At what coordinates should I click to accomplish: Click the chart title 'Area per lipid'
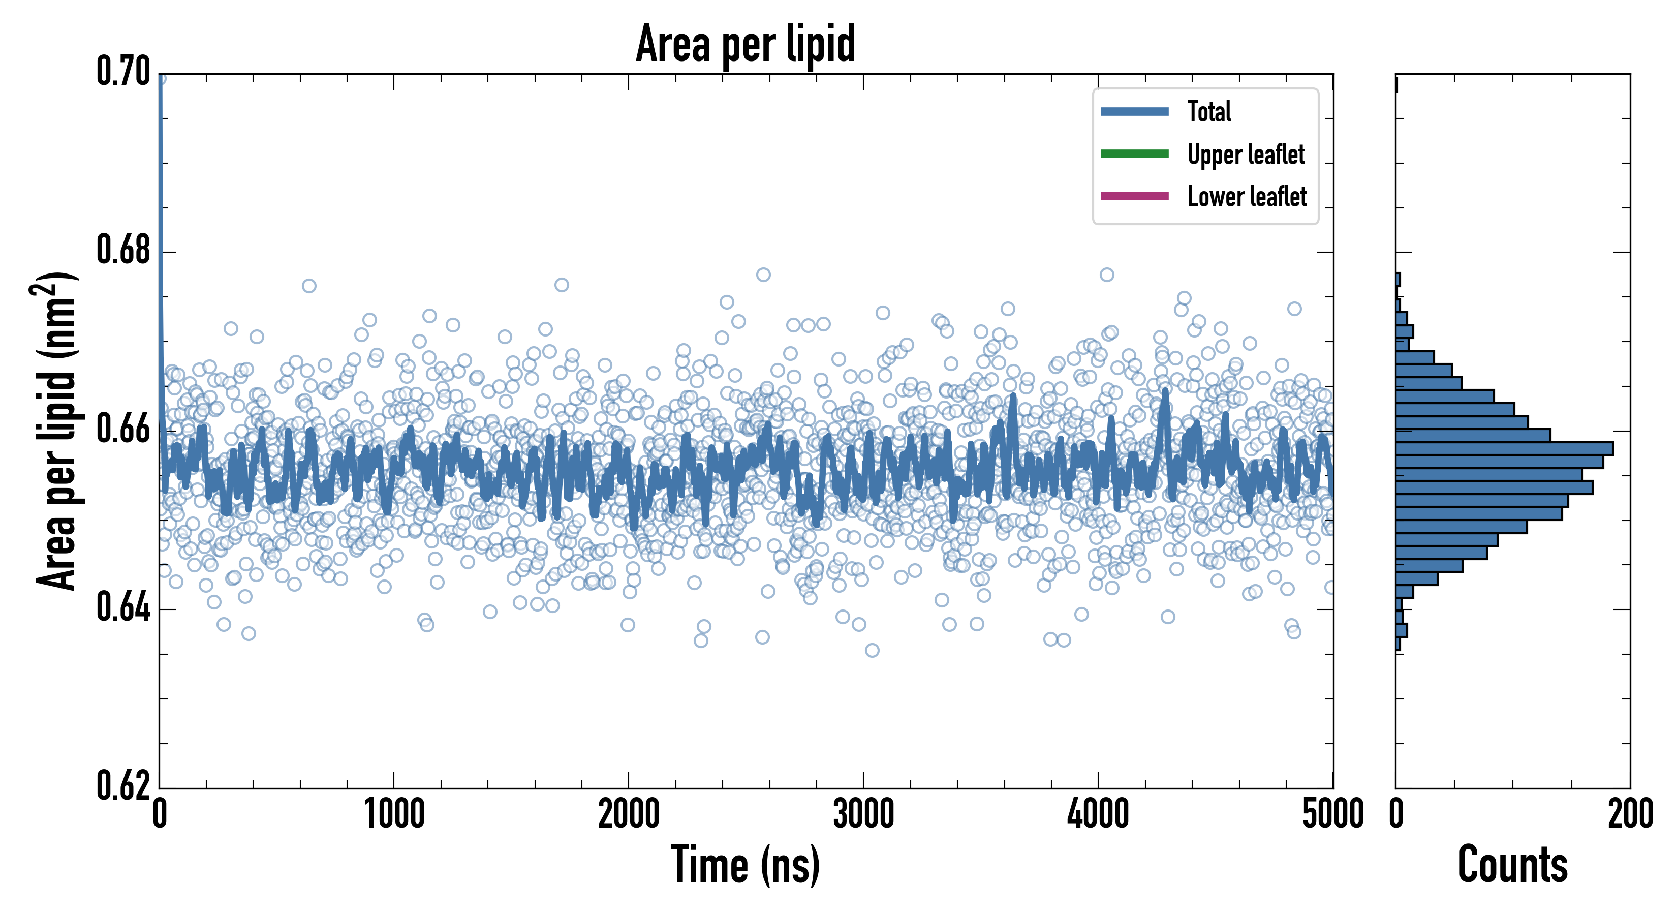[746, 43]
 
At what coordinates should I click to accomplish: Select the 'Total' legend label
[1209, 111]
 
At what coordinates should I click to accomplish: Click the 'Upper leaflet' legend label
[1246, 155]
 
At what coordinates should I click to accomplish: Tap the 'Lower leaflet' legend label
[1247, 196]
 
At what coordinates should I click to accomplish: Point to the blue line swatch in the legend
[1134, 111]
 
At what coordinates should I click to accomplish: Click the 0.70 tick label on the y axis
[123, 72]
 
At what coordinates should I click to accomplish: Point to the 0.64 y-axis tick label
[123, 607]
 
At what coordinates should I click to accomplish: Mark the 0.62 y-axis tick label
[123, 785]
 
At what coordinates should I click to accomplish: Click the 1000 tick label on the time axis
[394, 814]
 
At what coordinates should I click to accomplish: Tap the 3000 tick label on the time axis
[863, 814]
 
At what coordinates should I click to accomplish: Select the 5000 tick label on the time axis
[1332, 814]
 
